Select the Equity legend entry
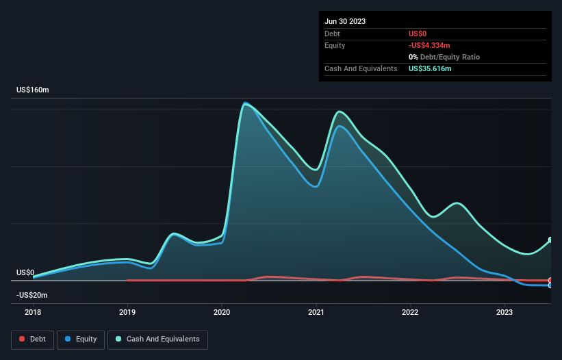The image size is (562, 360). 81,339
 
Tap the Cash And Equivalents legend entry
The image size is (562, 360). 157,339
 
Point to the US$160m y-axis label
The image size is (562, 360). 36,90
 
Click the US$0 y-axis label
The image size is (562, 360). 25,272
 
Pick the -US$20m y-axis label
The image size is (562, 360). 32,295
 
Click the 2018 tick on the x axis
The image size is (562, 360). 33,312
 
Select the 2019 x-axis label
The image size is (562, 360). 127,312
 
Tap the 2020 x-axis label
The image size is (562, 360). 222,312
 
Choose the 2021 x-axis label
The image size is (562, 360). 316,312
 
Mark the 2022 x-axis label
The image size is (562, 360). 410,312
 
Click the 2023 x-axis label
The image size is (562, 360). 504,312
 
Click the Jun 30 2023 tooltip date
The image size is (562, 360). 345,21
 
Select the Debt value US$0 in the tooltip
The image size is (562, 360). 418,34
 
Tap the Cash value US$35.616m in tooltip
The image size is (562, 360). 430,68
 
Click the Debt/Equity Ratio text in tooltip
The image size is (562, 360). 446,57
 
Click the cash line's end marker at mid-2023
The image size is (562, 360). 550,240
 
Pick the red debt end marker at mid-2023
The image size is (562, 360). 550,281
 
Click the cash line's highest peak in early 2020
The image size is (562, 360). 245,104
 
